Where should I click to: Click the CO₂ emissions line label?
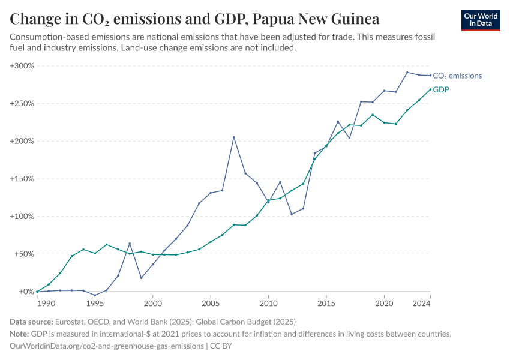pyautogui.click(x=457, y=76)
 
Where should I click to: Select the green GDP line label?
pyautogui.click(x=441, y=90)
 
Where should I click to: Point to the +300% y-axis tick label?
pyautogui.click(x=22, y=66)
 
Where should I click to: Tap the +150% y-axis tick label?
pyautogui.click(x=22, y=179)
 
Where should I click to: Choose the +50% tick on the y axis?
pyautogui.click(x=24, y=254)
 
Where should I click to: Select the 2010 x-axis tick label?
pyautogui.click(x=268, y=304)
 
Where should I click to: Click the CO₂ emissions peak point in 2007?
pyautogui.click(x=233, y=137)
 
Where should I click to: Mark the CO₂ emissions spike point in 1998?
pyautogui.click(x=130, y=244)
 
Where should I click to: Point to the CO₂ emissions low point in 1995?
pyautogui.click(x=95, y=296)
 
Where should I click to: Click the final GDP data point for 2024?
pyautogui.click(x=430, y=89)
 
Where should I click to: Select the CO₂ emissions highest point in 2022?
pyautogui.click(x=407, y=73)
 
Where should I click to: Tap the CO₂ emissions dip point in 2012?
pyautogui.click(x=292, y=214)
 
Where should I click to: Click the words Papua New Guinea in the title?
pyautogui.click(x=316, y=19)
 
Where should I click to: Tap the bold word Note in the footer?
pyautogui.click(x=20, y=334)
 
